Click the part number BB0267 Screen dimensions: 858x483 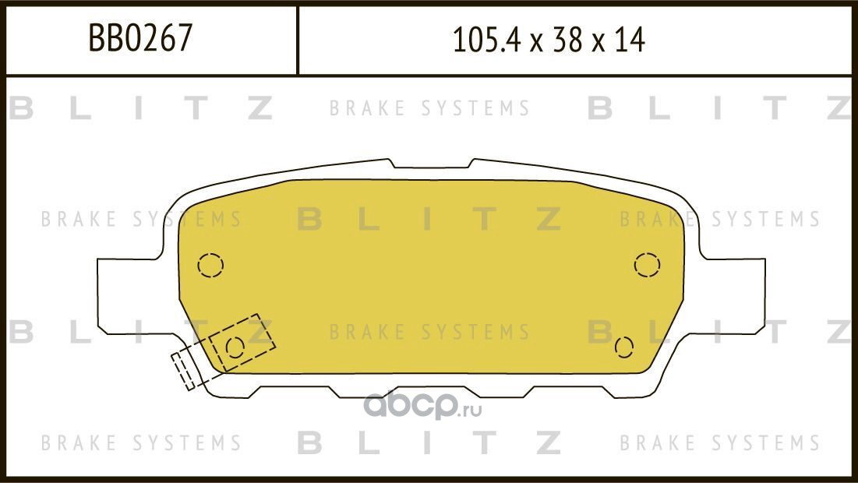click(140, 37)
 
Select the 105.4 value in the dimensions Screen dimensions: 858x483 click(485, 40)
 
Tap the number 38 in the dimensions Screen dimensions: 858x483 click(567, 40)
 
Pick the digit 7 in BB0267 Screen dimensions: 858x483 click(185, 37)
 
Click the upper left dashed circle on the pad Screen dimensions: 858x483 click(210, 266)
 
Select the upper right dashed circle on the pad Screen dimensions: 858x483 click(647, 265)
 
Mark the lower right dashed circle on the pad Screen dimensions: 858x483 click(623, 347)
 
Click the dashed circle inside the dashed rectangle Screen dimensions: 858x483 click(235, 348)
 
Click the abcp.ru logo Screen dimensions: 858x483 click(422, 405)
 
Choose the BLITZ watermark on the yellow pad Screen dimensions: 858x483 click(429, 219)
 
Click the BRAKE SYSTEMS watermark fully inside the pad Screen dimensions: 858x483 click(429, 332)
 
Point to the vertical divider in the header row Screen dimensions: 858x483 click(297, 41)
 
